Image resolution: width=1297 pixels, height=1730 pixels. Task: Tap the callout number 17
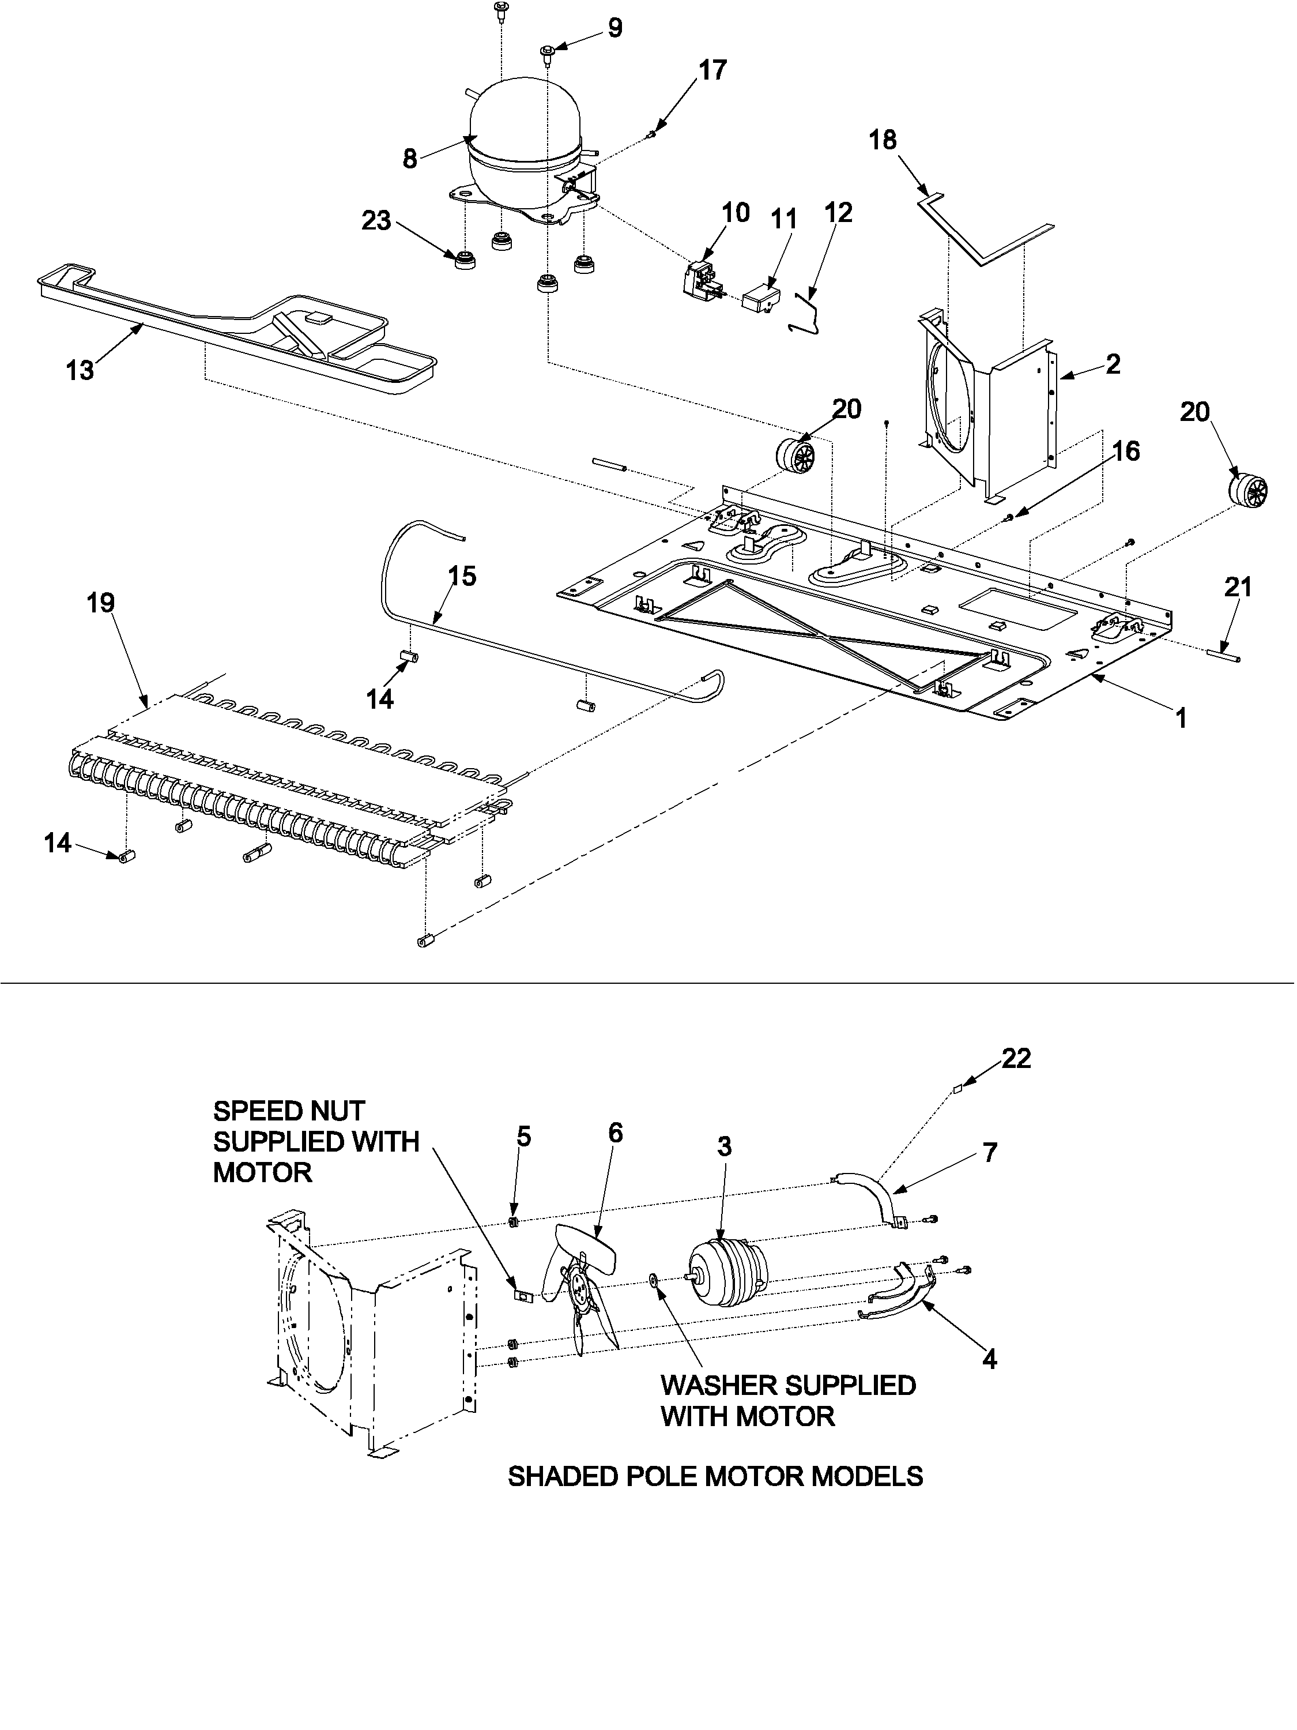(712, 70)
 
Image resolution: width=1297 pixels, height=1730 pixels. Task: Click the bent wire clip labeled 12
(808, 313)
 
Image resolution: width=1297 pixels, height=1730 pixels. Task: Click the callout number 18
(883, 141)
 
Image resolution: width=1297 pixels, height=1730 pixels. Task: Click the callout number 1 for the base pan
(1181, 717)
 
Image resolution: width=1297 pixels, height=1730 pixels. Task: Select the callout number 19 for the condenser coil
(101, 603)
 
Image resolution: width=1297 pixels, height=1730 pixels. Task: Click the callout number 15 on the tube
(462, 577)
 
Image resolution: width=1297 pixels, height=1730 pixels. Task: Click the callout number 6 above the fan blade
(615, 1133)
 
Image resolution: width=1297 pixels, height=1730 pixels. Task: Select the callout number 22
(1016, 1058)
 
